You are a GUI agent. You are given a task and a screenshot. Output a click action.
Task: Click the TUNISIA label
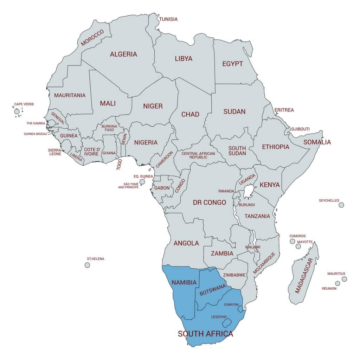click(168, 19)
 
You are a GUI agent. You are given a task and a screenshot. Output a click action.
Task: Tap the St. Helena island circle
click(87, 265)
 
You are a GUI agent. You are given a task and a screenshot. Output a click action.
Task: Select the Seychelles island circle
click(341, 205)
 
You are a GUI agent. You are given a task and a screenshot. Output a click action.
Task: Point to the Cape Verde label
click(24, 104)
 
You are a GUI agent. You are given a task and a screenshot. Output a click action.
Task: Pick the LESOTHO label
click(219, 317)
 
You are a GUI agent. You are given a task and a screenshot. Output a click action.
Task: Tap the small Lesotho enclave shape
click(227, 322)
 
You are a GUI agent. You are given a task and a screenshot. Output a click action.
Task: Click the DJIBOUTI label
click(300, 129)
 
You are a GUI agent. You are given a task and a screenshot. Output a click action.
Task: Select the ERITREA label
click(284, 110)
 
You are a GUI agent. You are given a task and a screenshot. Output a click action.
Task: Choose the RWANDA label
click(226, 191)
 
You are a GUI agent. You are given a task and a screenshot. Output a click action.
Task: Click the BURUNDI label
click(246, 205)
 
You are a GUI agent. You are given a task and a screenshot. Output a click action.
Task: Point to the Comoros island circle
click(292, 241)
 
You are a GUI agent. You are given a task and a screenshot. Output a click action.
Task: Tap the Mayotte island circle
click(298, 246)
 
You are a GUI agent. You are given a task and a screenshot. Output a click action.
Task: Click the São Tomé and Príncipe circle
click(142, 182)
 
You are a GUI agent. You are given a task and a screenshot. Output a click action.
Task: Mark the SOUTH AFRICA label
click(205, 334)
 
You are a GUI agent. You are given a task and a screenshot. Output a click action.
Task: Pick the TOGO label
click(119, 165)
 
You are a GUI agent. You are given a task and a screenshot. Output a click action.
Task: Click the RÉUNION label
click(329, 289)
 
